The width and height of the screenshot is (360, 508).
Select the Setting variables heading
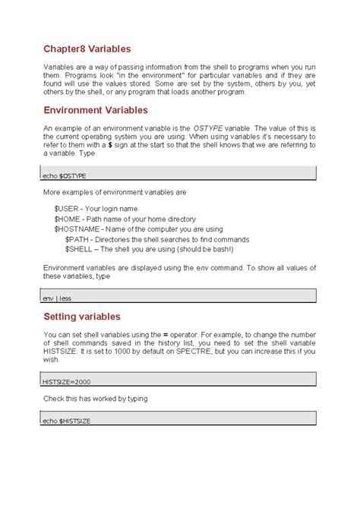(82, 316)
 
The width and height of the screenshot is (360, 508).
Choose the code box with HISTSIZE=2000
(179, 380)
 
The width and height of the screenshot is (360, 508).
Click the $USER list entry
(67, 208)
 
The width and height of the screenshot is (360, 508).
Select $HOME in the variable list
(68, 219)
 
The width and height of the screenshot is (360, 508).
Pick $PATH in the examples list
(77, 238)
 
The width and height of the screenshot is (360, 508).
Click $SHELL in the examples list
(80, 248)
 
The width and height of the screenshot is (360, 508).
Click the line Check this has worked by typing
(95, 398)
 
